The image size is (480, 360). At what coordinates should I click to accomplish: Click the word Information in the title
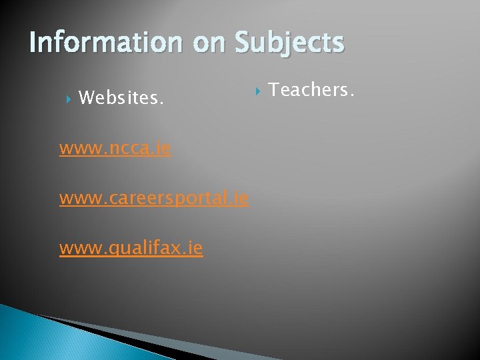coord(105,43)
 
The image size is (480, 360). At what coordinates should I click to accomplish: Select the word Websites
coord(120,99)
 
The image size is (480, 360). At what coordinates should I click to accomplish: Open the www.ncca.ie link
coord(115,148)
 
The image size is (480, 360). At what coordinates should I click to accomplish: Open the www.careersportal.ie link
coord(154,198)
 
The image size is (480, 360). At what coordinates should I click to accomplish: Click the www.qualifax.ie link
coord(131,249)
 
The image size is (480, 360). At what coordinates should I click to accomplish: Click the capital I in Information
coord(33,43)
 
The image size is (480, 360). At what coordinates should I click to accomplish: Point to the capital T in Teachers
coord(273,89)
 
